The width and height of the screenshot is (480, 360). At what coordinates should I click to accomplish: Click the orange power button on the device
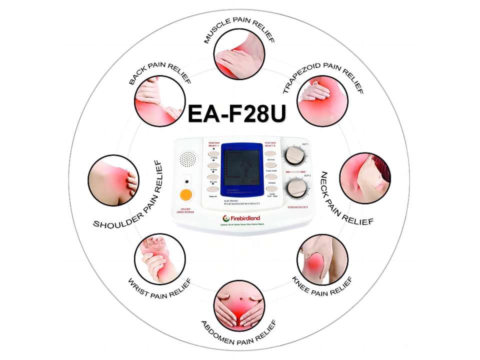click(186, 194)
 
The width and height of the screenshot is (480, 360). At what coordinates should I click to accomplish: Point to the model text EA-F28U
click(236, 114)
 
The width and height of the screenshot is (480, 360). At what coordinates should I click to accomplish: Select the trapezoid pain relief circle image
click(322, 101)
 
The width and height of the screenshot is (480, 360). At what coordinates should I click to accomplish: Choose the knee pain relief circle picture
click(322, 259)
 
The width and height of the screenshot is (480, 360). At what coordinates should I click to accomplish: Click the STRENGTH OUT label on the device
click(297, 206)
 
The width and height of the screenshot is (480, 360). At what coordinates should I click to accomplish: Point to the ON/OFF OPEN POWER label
click(186, 210)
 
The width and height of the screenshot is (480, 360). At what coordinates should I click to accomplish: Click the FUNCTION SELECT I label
click(214, 144)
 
